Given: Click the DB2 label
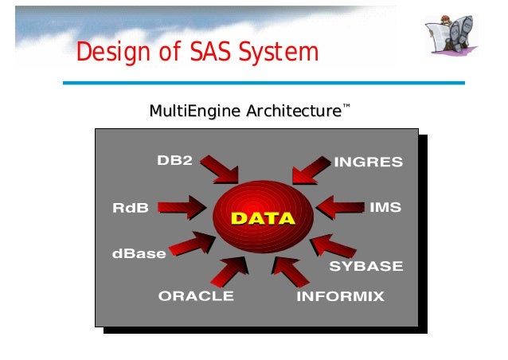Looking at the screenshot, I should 174,160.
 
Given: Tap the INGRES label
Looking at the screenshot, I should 368,162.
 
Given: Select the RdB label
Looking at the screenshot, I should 131,208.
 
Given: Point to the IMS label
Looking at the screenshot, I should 385,207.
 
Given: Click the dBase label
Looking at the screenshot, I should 139,254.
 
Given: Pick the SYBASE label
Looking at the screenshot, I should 366,266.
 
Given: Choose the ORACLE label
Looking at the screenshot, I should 196,295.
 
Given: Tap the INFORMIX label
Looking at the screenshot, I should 340,296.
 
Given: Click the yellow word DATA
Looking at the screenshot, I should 263,218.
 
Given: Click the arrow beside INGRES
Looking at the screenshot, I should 311,169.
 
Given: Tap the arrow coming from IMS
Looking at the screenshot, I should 340,209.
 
